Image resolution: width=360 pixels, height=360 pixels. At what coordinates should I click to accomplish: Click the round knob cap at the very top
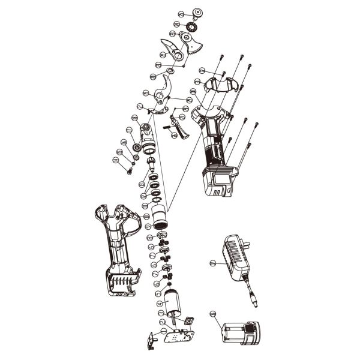(x=197, y=13)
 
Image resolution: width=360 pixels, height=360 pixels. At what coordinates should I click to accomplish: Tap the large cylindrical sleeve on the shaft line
(x=159, y=215)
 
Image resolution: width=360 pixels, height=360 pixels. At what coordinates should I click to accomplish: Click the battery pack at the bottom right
(x=239, y=332)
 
